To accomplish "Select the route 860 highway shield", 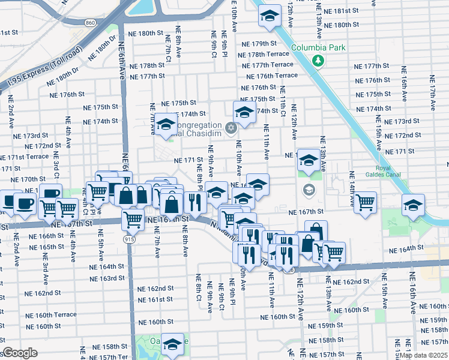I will pos(91,23).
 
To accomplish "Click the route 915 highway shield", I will pos(130,239).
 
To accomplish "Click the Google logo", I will pos(20,353).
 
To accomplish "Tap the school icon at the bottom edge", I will pos(172,344).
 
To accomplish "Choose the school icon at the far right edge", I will pos(412,205).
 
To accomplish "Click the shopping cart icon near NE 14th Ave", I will pos(364,203).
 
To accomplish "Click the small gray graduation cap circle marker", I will pos(309,190).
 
